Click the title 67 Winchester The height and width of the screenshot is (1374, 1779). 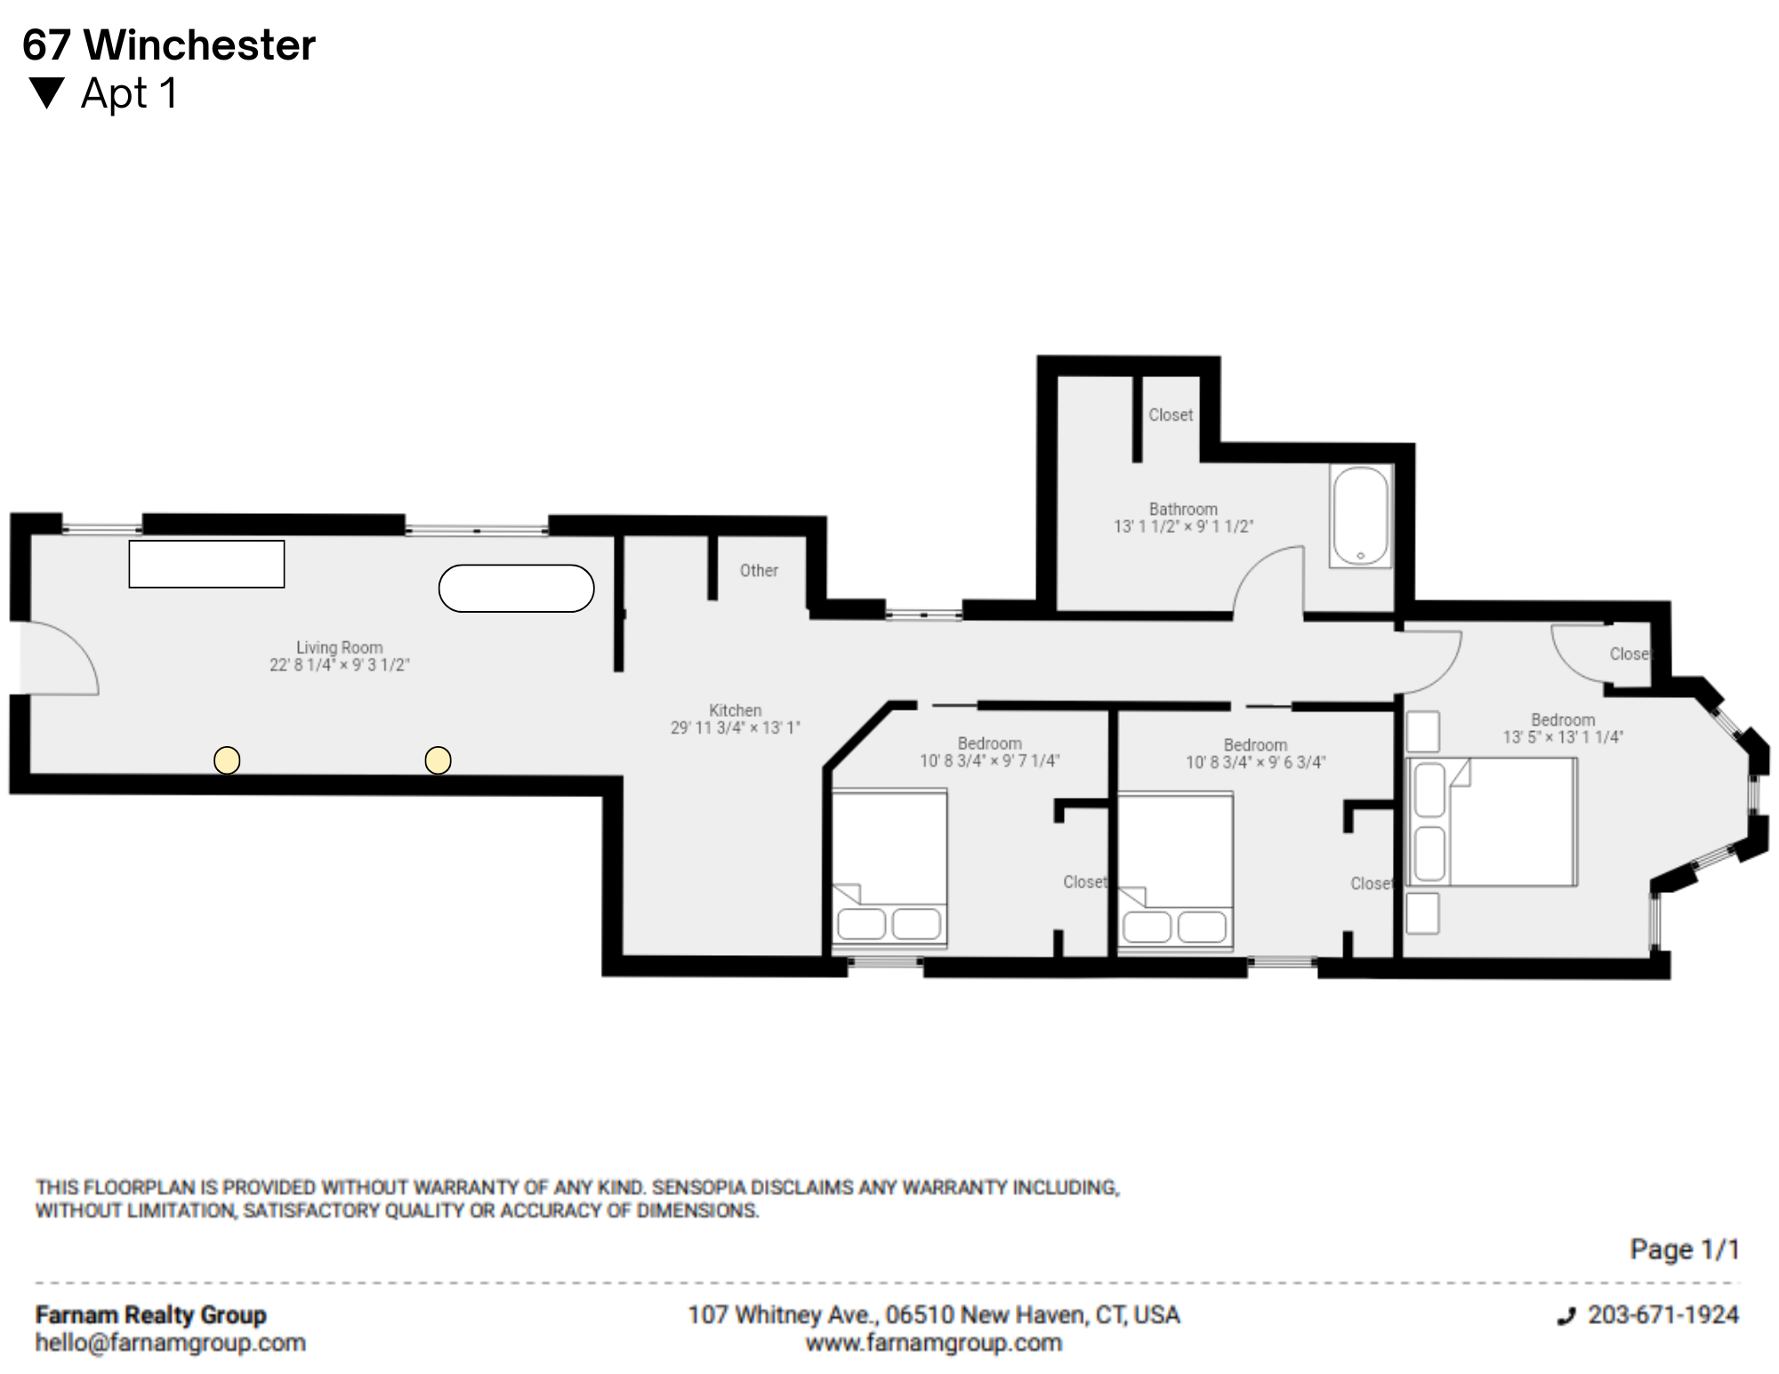(x=169, y=45)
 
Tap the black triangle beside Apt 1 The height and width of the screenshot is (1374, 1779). (x=46, y=93)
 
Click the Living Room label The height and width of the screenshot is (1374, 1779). (x=340, y=647)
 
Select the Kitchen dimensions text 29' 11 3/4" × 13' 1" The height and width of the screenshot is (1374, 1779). (x=736, y=727)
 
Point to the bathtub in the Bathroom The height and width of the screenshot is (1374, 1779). (x=1361, y=516)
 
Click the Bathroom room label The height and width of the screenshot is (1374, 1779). (x=1183, y=509)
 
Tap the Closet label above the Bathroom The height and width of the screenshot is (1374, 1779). (x=1171, y=414)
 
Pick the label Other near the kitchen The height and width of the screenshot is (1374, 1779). (x=759, y=570)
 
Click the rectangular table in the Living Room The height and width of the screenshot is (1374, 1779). (x=206, y=564)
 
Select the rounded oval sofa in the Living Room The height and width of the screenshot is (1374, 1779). (x=517, y=589)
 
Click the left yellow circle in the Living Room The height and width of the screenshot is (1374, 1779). (x=227, y=760)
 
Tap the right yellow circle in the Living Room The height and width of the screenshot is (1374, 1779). (x=438, y=760)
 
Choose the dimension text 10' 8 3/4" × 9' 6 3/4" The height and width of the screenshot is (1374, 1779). (x=1255, y=762)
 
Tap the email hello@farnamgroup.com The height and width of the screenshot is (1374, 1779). (x=170, y=1343)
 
